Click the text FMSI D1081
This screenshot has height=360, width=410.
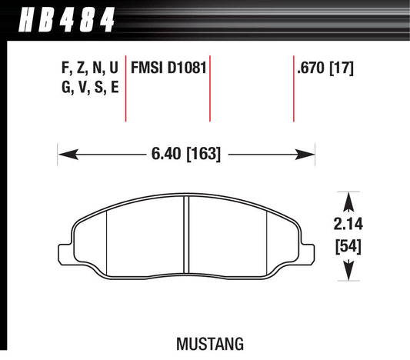(168, 68)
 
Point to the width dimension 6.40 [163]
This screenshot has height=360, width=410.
(188, 154)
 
